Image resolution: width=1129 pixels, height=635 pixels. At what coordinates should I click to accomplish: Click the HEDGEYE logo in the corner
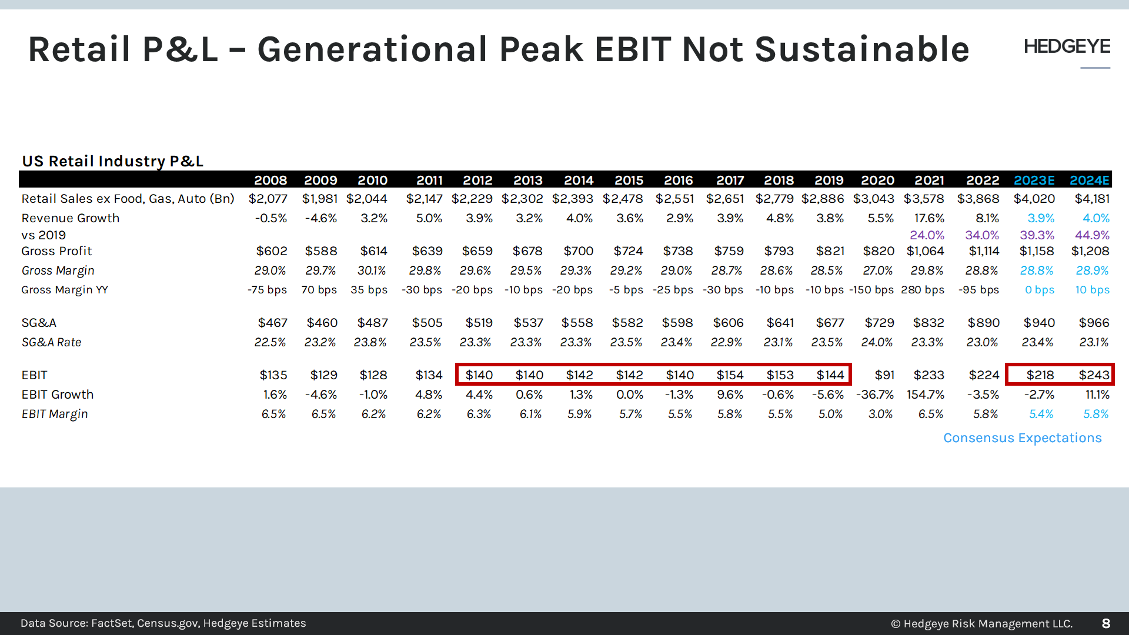(1067, 46)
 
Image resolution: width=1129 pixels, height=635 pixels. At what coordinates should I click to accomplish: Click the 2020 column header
(877, 180)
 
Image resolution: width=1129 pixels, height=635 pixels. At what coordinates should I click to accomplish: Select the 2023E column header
(1034, 180)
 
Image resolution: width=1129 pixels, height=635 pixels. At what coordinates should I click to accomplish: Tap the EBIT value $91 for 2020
(884, 375)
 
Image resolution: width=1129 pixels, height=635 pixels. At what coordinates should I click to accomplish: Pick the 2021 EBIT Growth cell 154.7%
(926, 395)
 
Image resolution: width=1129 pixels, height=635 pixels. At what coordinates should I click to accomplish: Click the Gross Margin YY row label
(65, 290)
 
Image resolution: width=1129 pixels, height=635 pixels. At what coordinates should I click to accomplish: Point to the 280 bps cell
(922, 290)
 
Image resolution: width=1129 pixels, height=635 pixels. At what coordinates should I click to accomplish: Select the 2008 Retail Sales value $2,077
(268, 199)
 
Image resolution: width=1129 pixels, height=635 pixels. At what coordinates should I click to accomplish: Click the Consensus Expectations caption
(1022, 438)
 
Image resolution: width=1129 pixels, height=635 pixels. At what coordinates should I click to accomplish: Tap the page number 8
(1105, 623)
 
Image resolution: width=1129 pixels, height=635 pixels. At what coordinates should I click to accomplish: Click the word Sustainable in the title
(861, 49)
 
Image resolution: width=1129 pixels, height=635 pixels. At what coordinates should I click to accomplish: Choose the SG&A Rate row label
(51, 342)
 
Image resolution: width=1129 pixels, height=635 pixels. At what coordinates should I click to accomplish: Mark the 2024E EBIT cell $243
(1094, 375)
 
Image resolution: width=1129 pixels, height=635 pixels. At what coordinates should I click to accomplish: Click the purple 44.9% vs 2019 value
(1092, 235)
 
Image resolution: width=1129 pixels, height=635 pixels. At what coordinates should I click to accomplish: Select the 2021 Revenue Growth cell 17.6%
(929, 218)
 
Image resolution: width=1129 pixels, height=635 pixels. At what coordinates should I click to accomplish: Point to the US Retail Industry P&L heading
(112, 161)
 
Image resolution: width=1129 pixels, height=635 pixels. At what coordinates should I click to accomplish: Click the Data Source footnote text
(163, 623)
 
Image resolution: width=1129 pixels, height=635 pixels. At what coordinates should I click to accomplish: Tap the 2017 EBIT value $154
(730, 375)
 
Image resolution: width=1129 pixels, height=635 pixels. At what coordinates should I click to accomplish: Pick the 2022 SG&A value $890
(983, 323)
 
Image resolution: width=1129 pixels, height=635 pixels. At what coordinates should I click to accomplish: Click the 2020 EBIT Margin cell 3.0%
(880, 414)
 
